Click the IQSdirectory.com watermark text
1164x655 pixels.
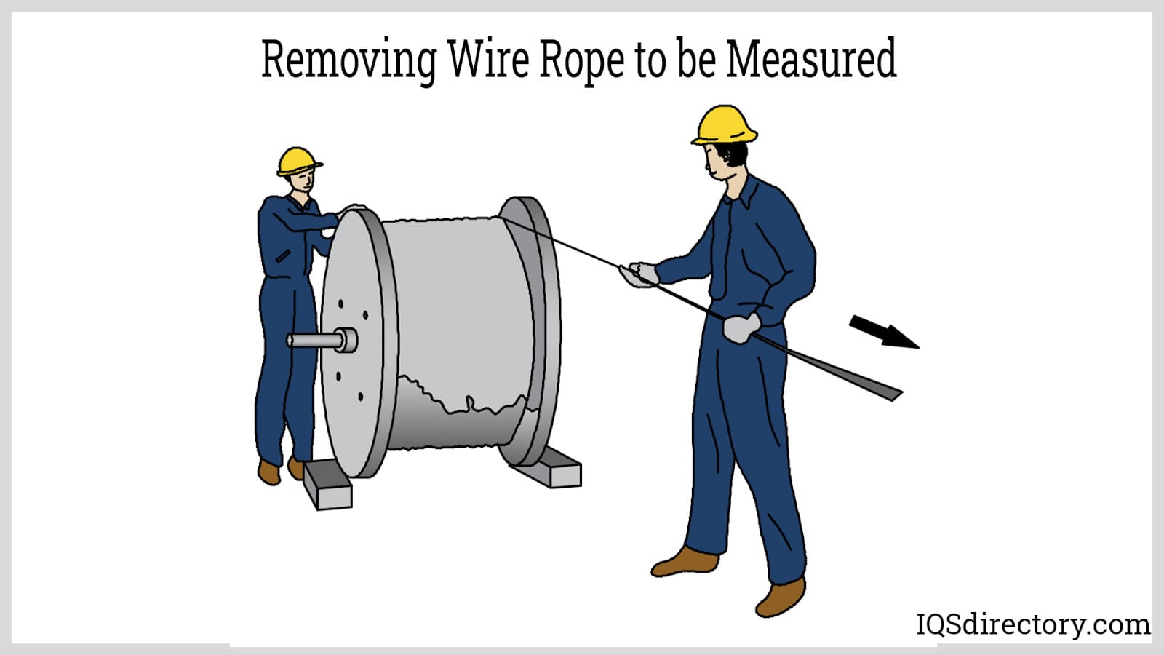(1032, 624)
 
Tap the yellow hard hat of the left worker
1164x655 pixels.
(298, 161)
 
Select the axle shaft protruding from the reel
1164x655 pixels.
(320, 340)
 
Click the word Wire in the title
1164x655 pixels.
(488, 60)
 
